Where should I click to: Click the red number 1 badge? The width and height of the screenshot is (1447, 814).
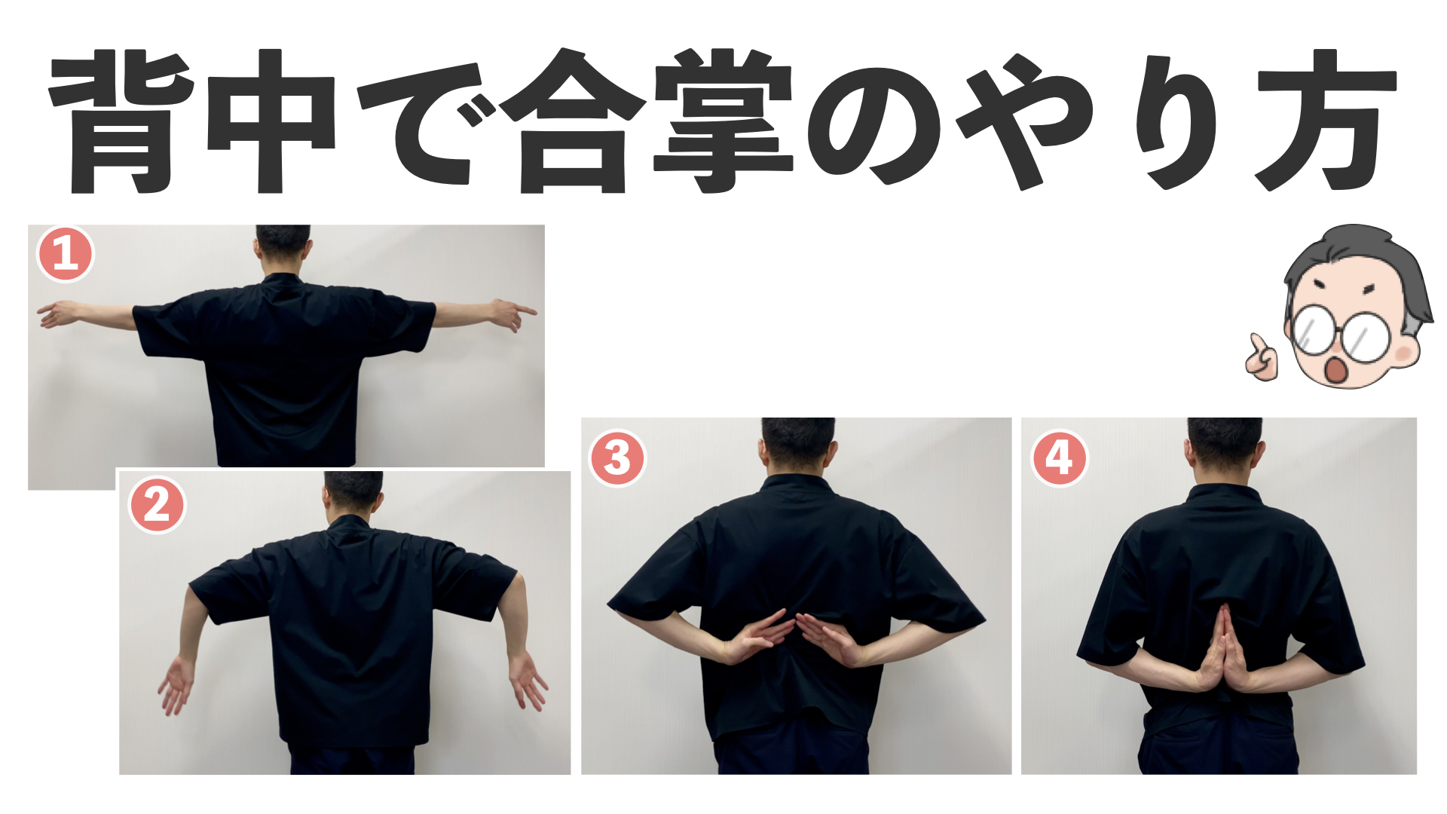pos(66,255)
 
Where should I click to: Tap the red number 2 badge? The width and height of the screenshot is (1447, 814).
pos(158,505)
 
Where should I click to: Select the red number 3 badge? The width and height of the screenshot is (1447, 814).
pos(617,458)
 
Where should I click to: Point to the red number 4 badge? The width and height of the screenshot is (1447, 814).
pos(1059,458)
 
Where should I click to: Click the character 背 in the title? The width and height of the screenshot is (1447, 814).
pos(121,121)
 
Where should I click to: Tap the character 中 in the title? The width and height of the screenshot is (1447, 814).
pos(271,121)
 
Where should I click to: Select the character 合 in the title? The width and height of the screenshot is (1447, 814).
pos(573,121)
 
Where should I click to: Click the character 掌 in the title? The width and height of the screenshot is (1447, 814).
pos(723,121)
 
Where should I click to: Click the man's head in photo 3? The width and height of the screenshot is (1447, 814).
pos(797,445)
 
